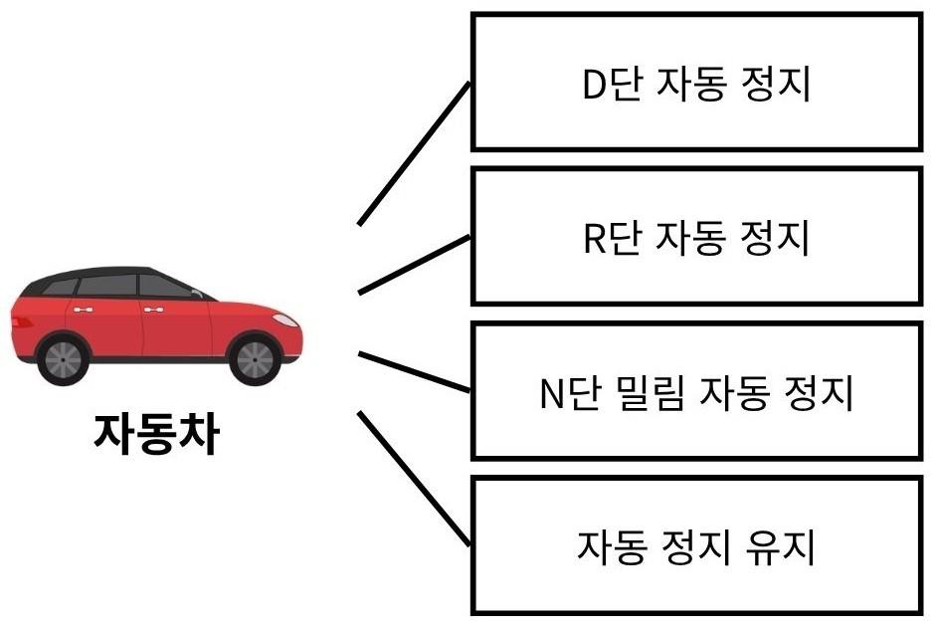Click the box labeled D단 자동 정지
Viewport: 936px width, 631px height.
pos(696,83)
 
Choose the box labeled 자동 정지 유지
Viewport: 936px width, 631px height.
pos(696,545)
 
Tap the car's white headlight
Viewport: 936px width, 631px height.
pos(283,320)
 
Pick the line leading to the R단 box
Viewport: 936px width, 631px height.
pos(414,265)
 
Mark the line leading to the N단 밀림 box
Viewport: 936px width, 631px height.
pos(414,371)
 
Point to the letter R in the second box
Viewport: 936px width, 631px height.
pos(594,240)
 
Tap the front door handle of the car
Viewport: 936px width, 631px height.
pos(153,311)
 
